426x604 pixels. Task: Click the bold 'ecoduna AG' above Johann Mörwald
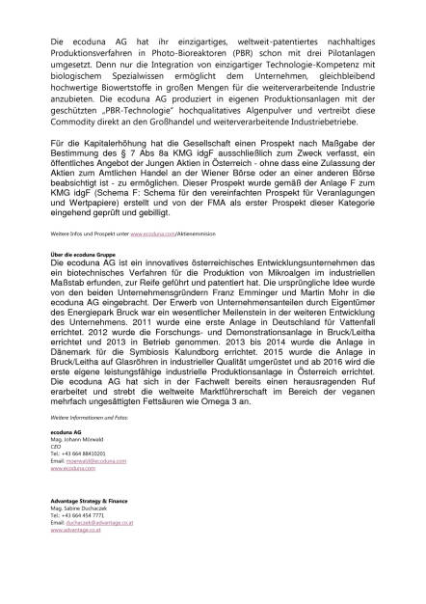pos(65,428)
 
